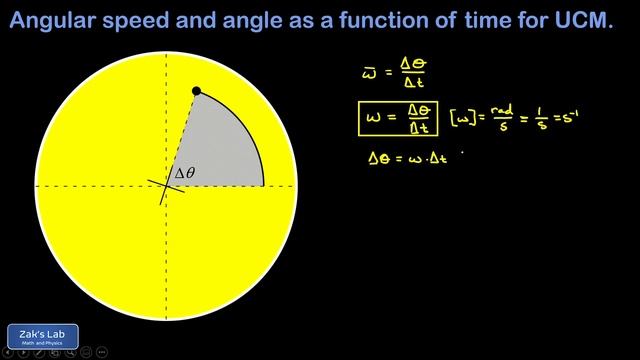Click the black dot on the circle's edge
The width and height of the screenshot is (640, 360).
coord(196,91)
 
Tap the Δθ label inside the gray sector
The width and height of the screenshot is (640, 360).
coord(185,173)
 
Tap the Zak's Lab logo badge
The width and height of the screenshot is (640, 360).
coord(42,336)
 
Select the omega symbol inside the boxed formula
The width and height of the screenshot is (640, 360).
coord(374,118)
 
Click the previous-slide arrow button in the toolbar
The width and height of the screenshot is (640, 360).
coord(9,353)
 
